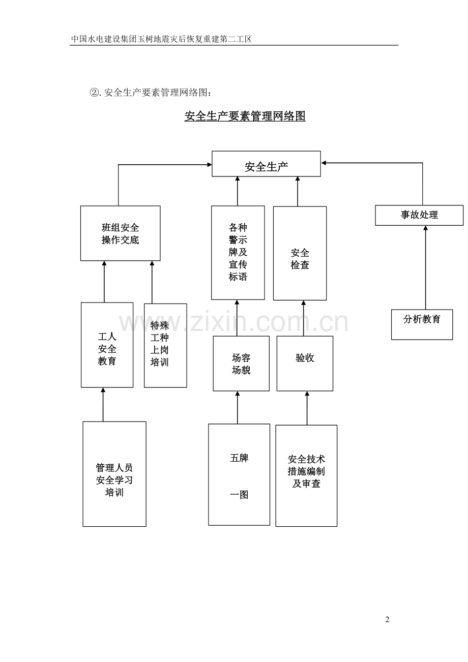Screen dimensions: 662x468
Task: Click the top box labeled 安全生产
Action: [x=266, y=164]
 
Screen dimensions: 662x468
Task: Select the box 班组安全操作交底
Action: [x=120, y=233]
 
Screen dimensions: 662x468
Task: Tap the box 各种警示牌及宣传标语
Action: [x=238, y=253]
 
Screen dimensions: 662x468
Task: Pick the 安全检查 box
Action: [x=300, y=253]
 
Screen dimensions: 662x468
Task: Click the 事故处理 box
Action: [x=419, y=215]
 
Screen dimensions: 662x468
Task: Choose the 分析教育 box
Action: [x=422, y=324]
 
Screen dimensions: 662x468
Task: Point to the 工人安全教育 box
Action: [x=107, y=345]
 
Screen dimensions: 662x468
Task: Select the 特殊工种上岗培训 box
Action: [x=165, y=345]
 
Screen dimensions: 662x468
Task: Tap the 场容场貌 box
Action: [x=241, y=364]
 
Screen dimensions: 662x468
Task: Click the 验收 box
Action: [x=305, y=364]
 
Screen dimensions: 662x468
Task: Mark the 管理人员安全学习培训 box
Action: [x=114, y=474]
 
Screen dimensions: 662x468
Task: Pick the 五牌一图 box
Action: [x=239, y=474]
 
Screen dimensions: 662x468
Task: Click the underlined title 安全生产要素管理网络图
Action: [x=245, y=116]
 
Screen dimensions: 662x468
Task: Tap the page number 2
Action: [x=387, y=619]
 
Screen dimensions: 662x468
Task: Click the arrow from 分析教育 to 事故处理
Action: [x=426, y=267]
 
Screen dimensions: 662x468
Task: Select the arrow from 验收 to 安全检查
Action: [x=304, y=318]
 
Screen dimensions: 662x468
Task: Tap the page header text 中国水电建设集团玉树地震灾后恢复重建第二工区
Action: [x=162, y=39]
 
